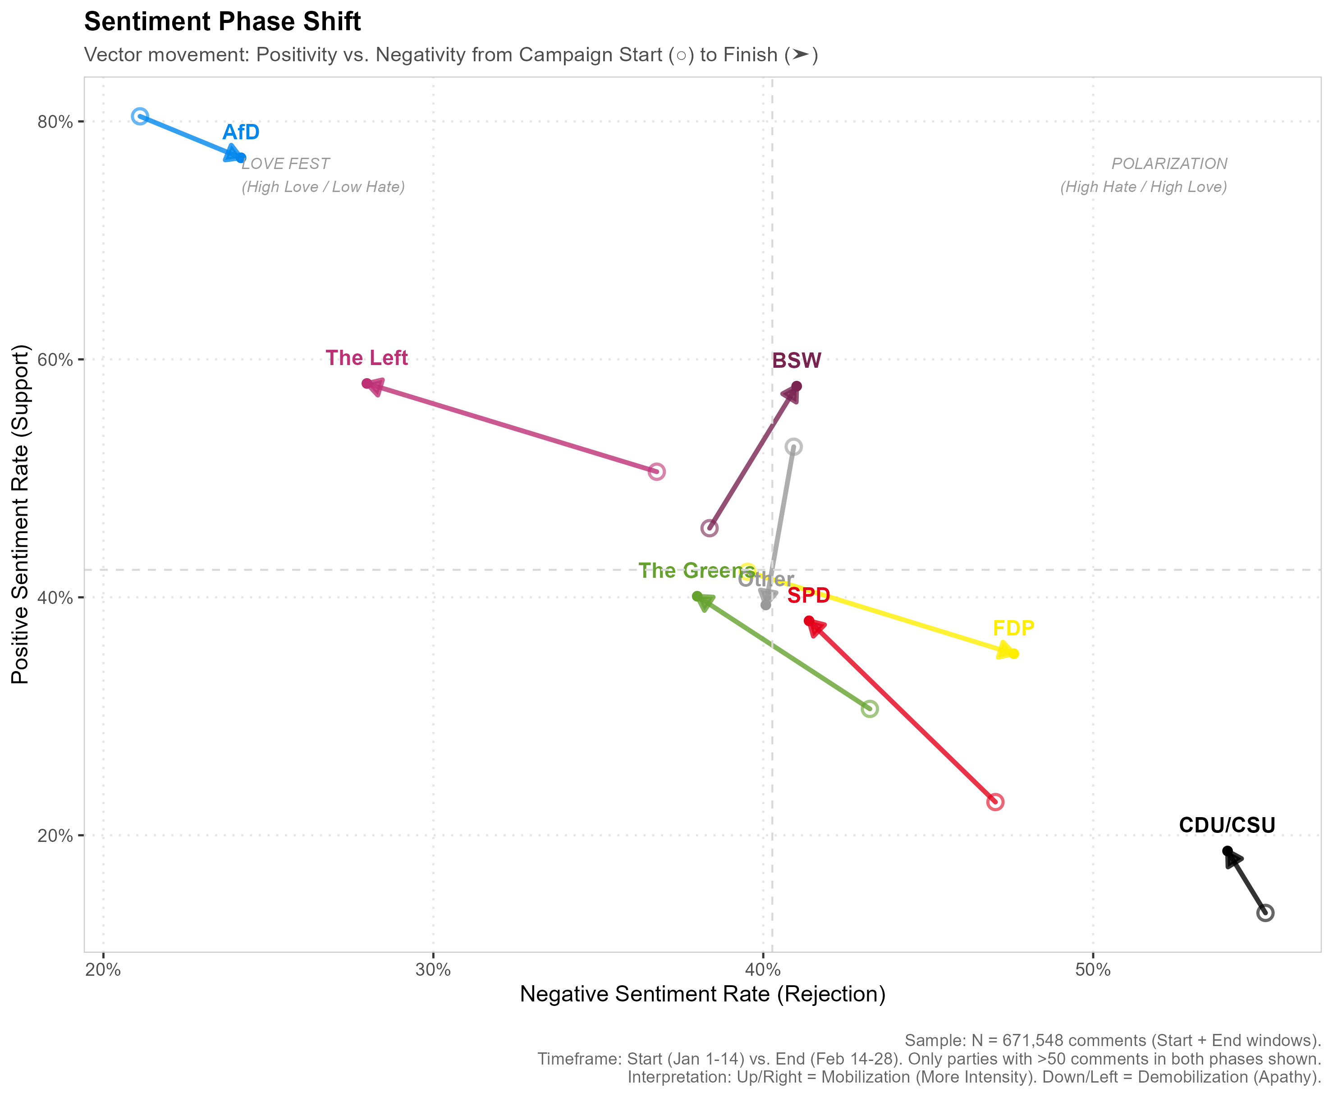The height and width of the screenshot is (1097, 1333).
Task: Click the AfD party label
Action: point(241,132)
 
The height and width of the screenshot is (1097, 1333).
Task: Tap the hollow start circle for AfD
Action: point(140,116)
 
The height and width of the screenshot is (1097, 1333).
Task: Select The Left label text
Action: point(366,358)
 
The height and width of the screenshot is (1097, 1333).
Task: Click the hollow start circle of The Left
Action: point(657,471)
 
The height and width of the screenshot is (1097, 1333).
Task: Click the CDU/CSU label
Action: point(1227,825)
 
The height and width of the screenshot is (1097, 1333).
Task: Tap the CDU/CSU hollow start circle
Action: point(1265,913)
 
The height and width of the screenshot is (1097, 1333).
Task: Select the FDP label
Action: point(1013,629)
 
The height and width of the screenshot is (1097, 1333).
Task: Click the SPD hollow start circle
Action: point(995,802)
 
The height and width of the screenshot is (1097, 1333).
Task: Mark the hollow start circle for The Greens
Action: point(870,709)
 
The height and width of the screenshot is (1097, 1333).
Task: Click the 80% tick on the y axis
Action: point(55,122)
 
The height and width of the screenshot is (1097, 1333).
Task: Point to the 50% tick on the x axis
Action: point(1093,970)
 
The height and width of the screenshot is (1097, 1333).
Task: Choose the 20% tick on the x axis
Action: point(103,970)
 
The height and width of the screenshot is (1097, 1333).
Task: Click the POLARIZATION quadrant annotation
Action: point(1168,164)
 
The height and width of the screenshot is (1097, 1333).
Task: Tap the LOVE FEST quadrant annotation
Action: point(286,164)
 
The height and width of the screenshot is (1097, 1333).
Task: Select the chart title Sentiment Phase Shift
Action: point(223,22)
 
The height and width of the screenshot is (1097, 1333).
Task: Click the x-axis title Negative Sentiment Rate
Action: point(702,994)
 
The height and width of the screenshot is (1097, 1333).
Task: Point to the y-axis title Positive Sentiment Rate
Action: point(21,514)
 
